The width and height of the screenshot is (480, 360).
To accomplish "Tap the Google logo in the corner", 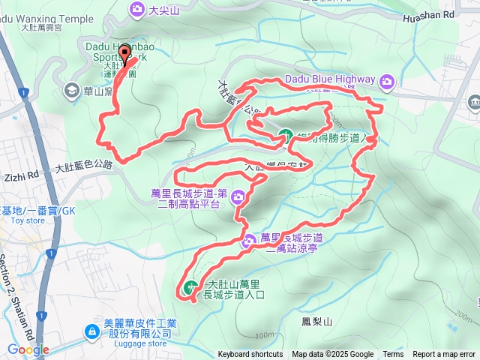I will pos(28,349).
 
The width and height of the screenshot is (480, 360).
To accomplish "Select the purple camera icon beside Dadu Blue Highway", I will pos(387,81).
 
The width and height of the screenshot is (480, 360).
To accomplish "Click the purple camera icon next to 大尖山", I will pos(137,9).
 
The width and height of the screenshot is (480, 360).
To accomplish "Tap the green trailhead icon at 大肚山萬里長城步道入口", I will pos(190,286).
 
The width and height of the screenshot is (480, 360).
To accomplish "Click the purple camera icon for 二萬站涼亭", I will pos(250,241).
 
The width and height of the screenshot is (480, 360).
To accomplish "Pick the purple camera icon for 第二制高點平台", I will pos(238,198).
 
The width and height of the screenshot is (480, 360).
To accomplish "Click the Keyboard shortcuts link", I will pos(250,355).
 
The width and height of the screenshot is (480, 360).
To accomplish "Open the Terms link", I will pos(393,355).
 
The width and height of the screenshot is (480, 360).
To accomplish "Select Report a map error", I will pos(444,355).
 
